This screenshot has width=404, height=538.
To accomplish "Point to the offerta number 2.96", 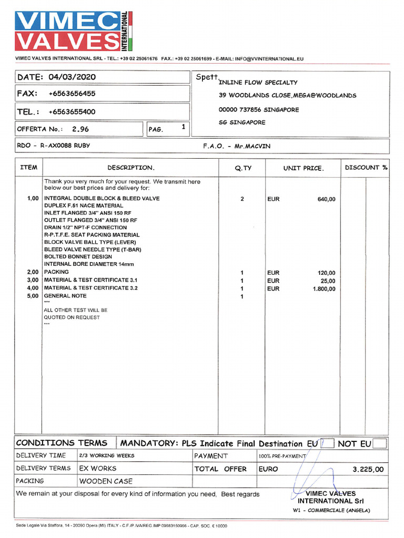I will (x=80, y=129).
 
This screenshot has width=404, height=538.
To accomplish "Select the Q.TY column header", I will (x=243, y=168).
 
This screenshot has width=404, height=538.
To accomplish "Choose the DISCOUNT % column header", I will (x=366, y=168).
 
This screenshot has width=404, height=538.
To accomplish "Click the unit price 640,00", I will (x=326, y=199).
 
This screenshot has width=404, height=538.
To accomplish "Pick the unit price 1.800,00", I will (x=324, y=288).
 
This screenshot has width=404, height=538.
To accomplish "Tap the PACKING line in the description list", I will (x=56, y=272).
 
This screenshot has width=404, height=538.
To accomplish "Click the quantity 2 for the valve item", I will (x=242, y=199).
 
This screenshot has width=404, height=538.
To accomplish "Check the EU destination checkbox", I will (x=327, y=443).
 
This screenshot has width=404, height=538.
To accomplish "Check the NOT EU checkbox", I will (x=379, y=443).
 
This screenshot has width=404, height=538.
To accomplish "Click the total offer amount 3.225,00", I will (x=368, y=469).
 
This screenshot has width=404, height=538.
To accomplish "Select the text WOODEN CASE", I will (x=106, y=481).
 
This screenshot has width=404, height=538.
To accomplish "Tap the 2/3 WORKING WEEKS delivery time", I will (x=107, y=456).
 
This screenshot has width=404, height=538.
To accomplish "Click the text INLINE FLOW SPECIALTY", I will (x=258, y=82).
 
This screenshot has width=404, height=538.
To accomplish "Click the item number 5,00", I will (x=33, y=296).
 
